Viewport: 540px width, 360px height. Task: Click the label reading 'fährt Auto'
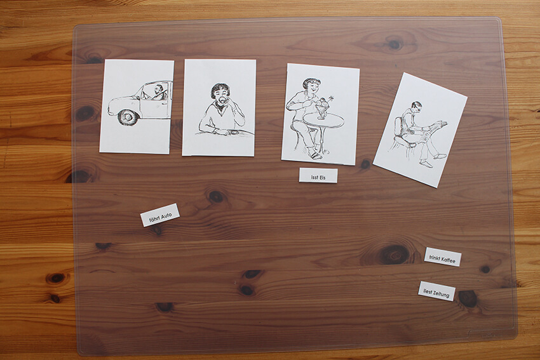(x=160, y=215)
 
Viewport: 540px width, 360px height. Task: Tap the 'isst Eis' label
(x=318, y=175)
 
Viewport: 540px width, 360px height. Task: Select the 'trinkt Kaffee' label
(x=443, y=257)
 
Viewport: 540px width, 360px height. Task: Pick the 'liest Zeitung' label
(x=436, y=291)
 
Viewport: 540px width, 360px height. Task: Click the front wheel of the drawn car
(x=128, y=117)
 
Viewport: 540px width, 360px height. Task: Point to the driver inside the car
(x=159, y=92)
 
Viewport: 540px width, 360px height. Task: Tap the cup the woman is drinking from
(x=223, y=100)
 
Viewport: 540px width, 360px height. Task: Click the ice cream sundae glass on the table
(x=321, y=107)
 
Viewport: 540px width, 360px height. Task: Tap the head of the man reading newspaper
(x=416, y=107)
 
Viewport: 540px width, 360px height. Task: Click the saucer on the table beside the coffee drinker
(x=234, y=132)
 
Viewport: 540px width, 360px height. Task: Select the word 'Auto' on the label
(x=166, y=215)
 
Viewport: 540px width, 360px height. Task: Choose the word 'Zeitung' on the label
(x=442, y=293)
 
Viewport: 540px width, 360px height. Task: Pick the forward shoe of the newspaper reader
(x=440, y=156)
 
